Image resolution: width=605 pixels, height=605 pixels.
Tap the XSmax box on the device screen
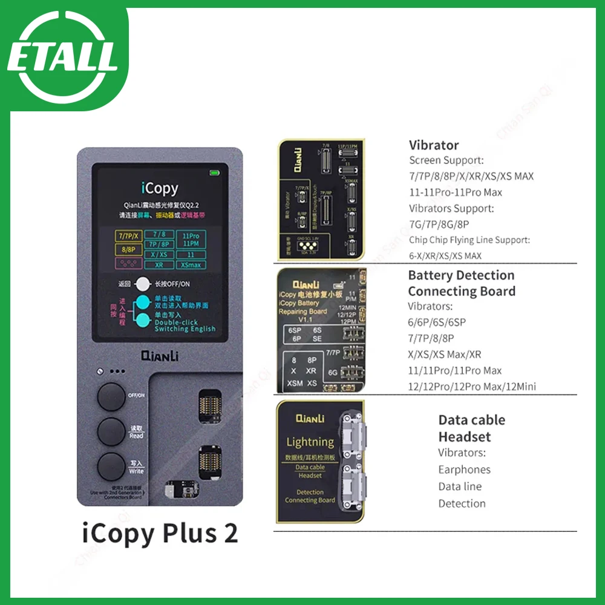coord(191,265)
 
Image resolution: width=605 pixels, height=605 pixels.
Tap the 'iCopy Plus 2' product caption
coord(160,533)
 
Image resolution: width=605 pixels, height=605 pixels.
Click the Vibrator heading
coord(434,145)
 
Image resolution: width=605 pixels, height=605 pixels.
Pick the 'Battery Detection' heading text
coord(461,275)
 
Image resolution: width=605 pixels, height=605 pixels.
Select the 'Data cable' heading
coord(471,420)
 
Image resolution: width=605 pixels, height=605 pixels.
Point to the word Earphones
coord(464,469)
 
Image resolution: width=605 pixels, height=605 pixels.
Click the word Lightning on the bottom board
coord(310,442)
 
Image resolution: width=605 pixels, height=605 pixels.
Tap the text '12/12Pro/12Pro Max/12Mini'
coord(471,387)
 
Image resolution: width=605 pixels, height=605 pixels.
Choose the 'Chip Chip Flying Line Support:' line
coord(469,240)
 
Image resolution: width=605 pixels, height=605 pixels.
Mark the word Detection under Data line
coord(462,503)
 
